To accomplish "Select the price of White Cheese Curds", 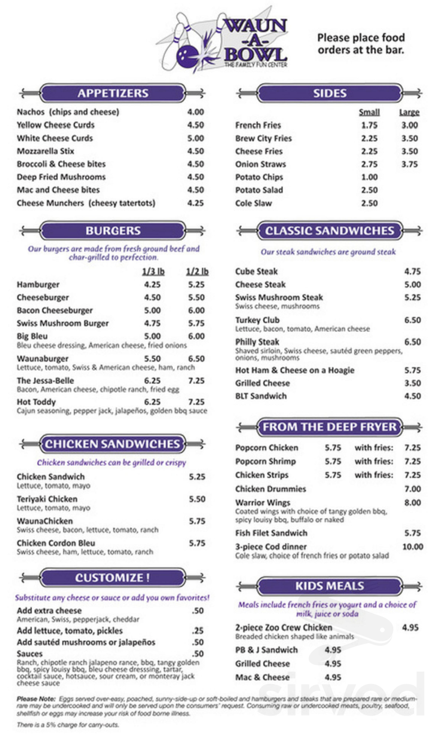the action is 195,138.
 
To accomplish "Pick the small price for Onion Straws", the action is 369,164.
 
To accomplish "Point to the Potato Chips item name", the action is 259,177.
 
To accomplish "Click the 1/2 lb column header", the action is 197,272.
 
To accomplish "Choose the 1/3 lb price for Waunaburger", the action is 152,359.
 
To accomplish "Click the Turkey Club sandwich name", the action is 257,320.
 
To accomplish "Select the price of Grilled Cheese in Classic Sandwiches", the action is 412,383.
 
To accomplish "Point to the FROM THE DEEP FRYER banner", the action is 329,427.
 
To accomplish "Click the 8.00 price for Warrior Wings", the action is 412,502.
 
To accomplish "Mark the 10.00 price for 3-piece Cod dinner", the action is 413,547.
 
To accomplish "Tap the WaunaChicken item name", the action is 45,521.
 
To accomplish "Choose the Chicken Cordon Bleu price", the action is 197,543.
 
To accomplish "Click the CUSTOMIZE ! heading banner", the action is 112,578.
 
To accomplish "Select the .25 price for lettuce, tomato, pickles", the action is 197,631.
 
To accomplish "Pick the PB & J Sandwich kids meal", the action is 266,650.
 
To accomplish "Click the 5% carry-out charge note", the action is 68,724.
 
